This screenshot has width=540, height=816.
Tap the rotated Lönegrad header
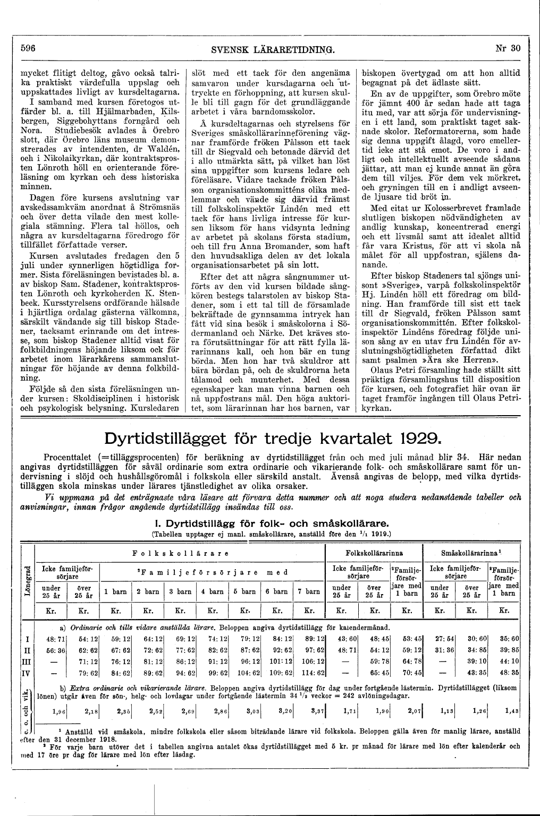click(x=27, y=581)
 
